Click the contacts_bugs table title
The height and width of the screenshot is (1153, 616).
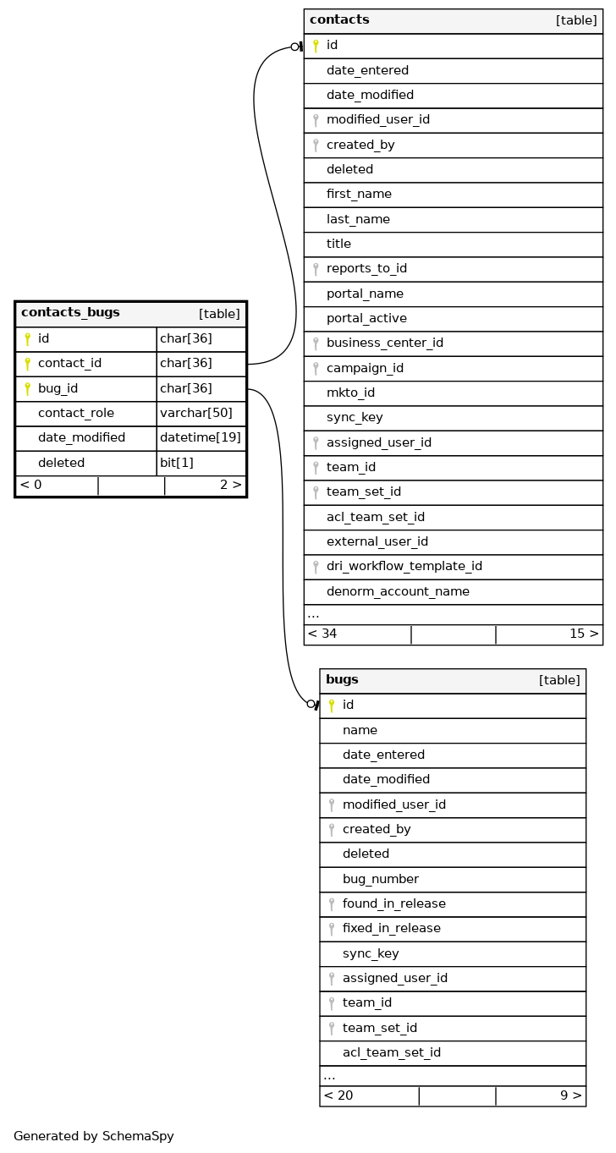tap(70, 313)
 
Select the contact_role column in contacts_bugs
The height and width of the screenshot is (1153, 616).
tap(75, 414)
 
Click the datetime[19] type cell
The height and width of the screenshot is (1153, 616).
tap(201, 438)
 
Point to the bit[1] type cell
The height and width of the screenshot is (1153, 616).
tap(177, 463)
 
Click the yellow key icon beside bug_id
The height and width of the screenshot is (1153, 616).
tap(27, 389)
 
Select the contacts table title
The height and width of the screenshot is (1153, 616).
tap(339, 20)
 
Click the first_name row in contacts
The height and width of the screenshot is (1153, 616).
tap(359, 195)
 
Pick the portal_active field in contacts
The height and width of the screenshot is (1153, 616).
tap(366, 319)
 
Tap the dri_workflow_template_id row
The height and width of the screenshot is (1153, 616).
tap(404, 567)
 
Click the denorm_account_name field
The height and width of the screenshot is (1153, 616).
tap(398, 591)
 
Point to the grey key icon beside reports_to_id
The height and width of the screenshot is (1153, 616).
tap(316, 269)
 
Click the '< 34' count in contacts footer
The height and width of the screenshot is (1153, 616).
tap(322, 634)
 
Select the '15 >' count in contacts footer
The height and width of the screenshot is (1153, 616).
tap(584, 634)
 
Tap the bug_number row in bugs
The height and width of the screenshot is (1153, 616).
tap(380, 879)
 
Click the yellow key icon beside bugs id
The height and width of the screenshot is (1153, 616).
tap(332, 706)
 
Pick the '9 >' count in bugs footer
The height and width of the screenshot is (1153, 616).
tap(570, 1096)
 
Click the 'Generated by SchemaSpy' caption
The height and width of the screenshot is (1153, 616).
tap(94, 1137)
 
